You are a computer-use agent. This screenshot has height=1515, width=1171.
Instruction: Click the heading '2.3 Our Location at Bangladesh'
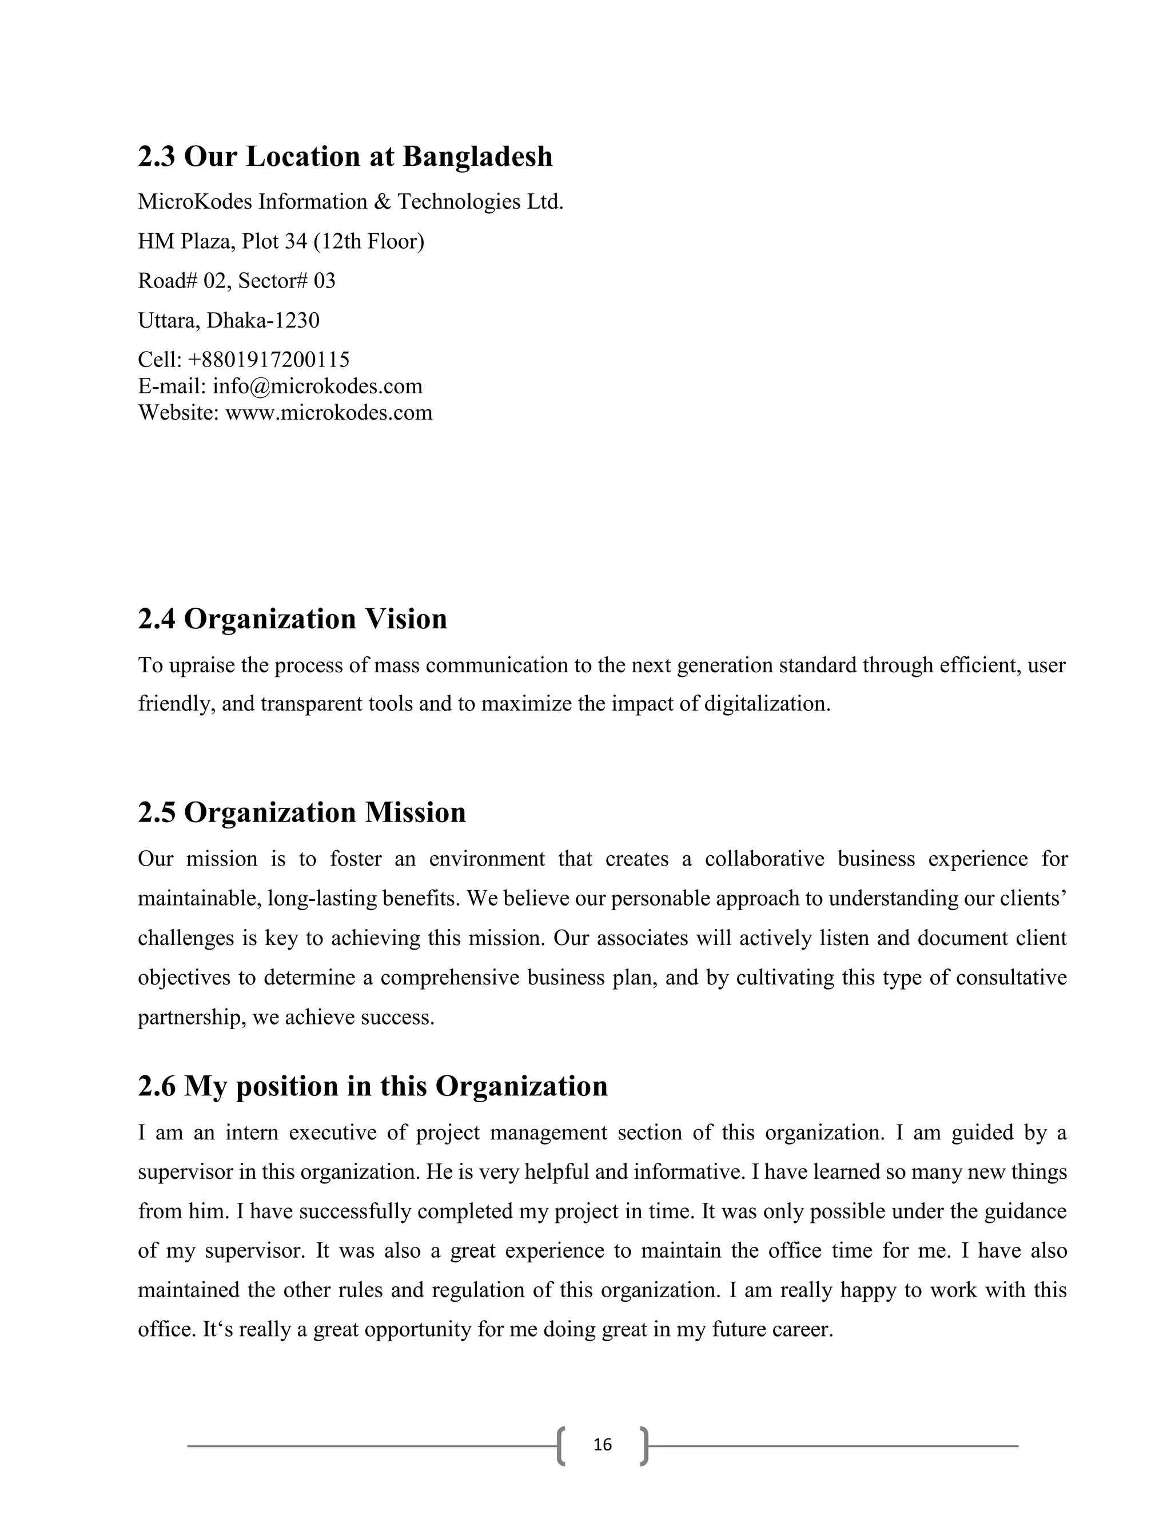click(x=345, y=157)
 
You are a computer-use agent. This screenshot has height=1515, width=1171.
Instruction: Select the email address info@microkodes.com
click(x=317, y=386)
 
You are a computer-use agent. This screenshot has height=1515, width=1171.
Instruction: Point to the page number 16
click(x=603, y=1445)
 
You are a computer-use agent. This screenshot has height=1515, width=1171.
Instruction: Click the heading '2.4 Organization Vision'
click(x=292, y=619)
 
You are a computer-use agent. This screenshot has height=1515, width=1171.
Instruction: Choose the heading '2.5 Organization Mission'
click(x=302, y=812)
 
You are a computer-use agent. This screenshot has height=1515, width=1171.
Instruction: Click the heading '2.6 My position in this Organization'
click(x=373, y=1086)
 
